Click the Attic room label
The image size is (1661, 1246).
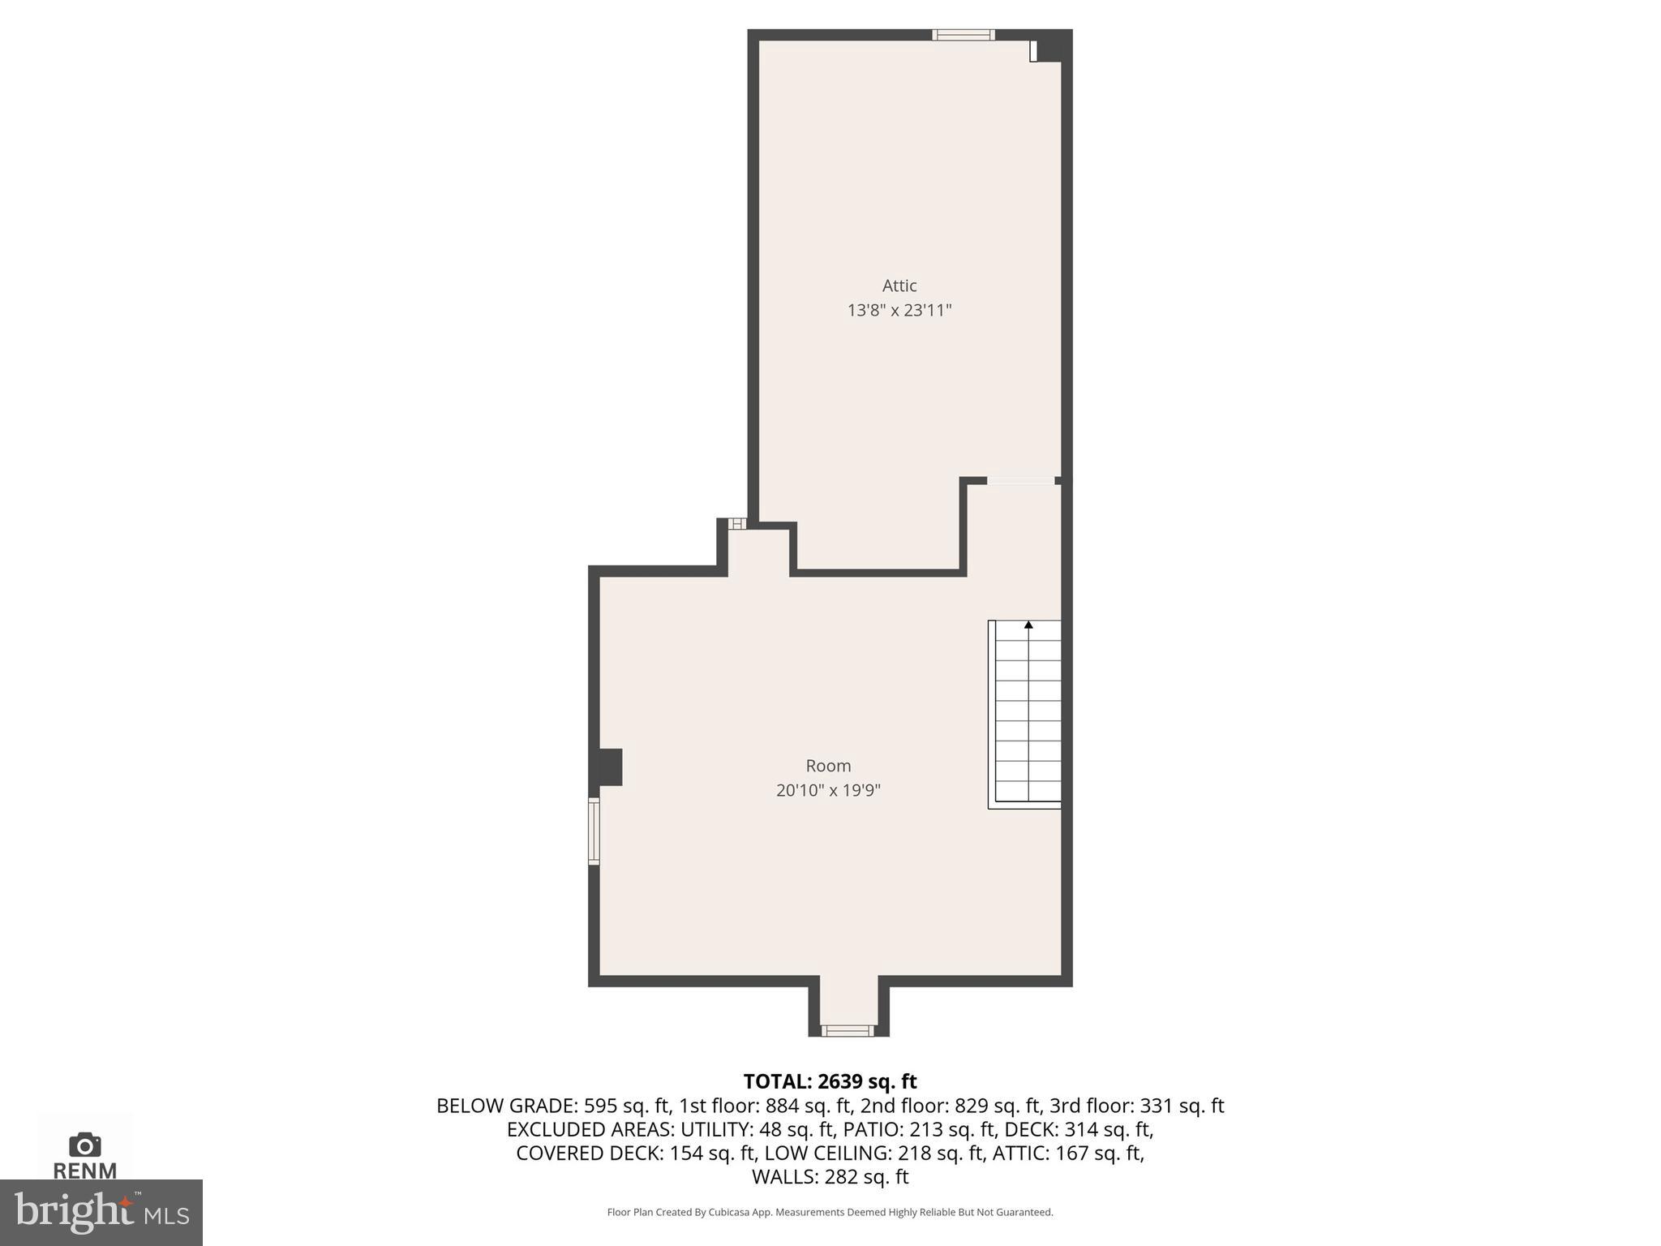899,286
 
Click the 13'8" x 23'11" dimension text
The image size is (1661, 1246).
899,310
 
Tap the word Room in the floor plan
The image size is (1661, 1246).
828,766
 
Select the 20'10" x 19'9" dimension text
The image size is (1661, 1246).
828,790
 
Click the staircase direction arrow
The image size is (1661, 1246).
1028,625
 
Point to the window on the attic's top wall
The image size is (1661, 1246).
963,35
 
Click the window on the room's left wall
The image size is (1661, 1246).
594,831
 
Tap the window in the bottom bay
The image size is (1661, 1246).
848,1030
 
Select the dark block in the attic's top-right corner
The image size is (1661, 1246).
1053,46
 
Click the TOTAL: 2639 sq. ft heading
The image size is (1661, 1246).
830,1081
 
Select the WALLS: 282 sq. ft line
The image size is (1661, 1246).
830,1176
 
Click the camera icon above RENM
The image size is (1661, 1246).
84,1145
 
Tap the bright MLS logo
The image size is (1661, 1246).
101,1212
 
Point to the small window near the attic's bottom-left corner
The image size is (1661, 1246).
736,524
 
